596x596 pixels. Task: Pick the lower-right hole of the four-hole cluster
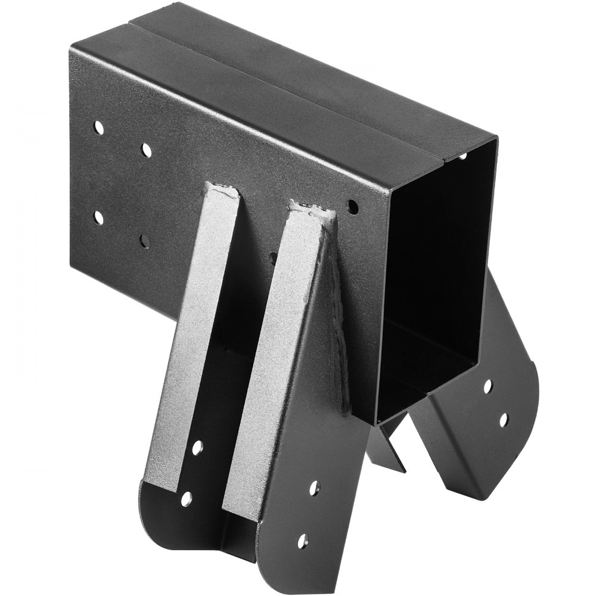tap(144, 241)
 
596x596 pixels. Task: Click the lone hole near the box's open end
tap(353, 207)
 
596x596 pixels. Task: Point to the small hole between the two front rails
tap(273, 258)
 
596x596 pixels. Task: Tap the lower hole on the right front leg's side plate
tap(303, 541)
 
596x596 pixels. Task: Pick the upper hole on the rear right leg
tap(488, 386)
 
